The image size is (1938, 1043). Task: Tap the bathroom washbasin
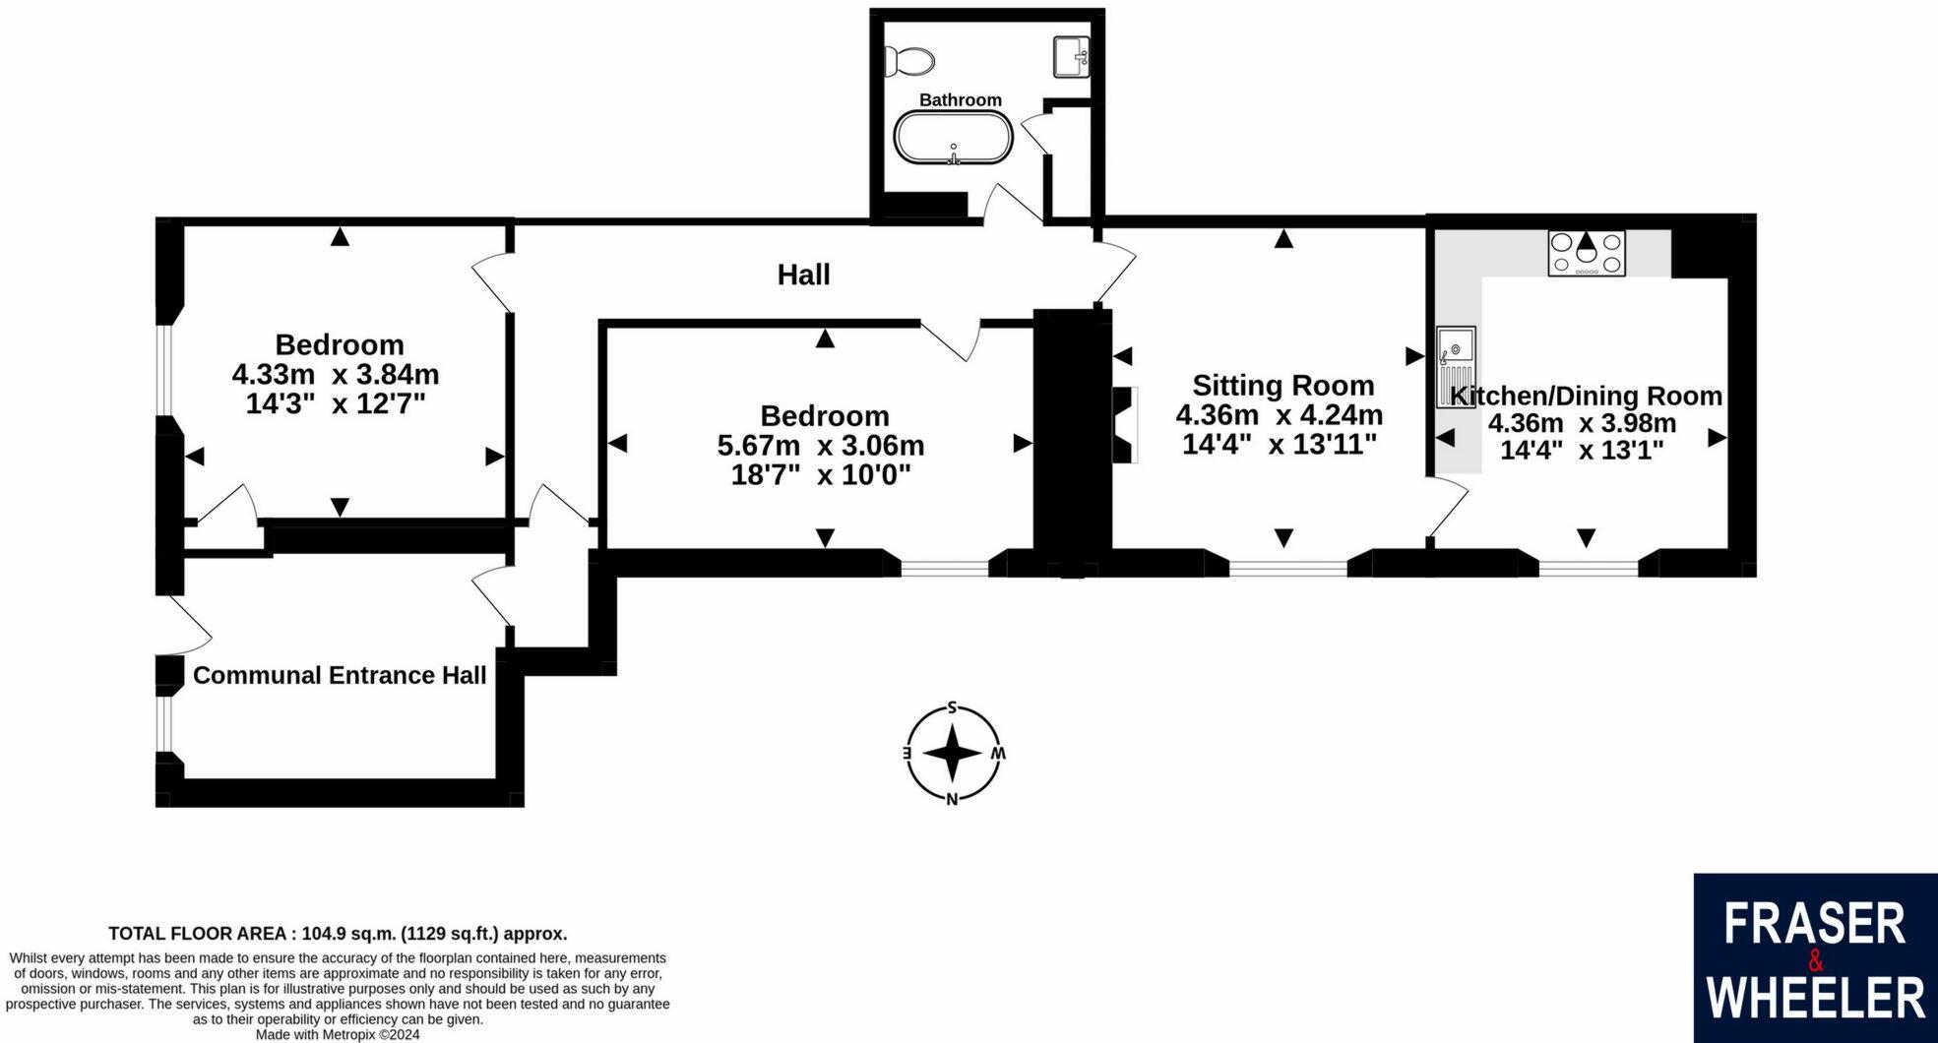[x=1071, y=56]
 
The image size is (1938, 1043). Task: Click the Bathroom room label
[x=960, y=99]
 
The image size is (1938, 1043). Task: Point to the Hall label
[x=803, y=275]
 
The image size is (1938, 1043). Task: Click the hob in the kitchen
[x=1587, y=253]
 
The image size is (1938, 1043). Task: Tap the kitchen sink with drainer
[x=1455, y=364]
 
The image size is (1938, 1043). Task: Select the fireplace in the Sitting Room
[x=1124, y=424]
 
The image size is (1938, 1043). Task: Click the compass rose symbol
[x=952, y=753]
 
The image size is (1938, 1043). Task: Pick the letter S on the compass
[x=952, y=707]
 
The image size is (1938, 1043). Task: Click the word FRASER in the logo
[x=1814, y=925]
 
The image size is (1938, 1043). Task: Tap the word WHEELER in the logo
[x=1815, y=997]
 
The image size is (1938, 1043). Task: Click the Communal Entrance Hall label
[x=340, y=675]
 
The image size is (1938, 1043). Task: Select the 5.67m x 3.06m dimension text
[x=821, y=446]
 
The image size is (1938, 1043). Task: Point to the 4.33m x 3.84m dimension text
[x=336, y=375]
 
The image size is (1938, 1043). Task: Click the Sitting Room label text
[x=1282, y=385]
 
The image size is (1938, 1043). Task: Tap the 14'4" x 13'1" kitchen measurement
[x=1582, y=451]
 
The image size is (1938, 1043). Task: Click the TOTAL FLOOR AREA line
[x=338, y=934]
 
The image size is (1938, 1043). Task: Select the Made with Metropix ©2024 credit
[x=338, y=1034]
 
